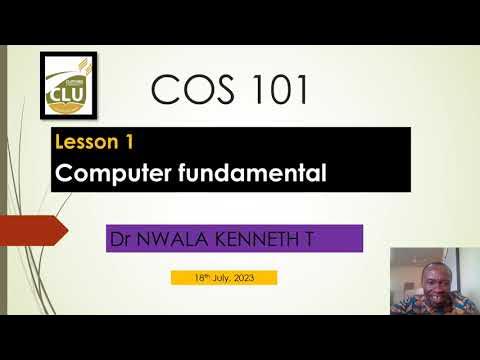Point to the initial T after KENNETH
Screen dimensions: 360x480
pos(321,239)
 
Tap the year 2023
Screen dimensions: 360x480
pos(254,277)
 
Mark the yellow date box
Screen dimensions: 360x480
pos(223,277)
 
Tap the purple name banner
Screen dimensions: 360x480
pos(234,239)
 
